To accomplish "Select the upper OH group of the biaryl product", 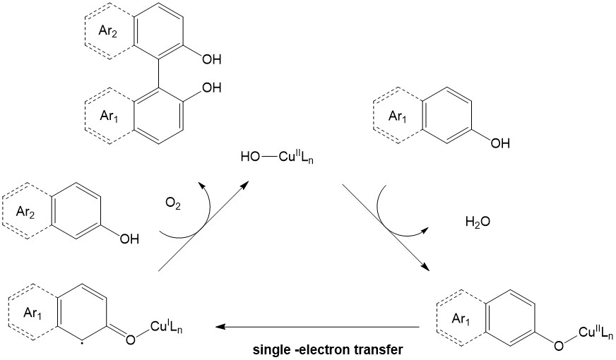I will pos(211,59).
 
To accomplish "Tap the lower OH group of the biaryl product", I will pos(211,88).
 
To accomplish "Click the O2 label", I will pos(173,205).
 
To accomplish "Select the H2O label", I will pos(478,222).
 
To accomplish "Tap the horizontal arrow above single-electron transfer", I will pos(318,328).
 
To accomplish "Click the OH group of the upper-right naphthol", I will pos(499,143).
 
